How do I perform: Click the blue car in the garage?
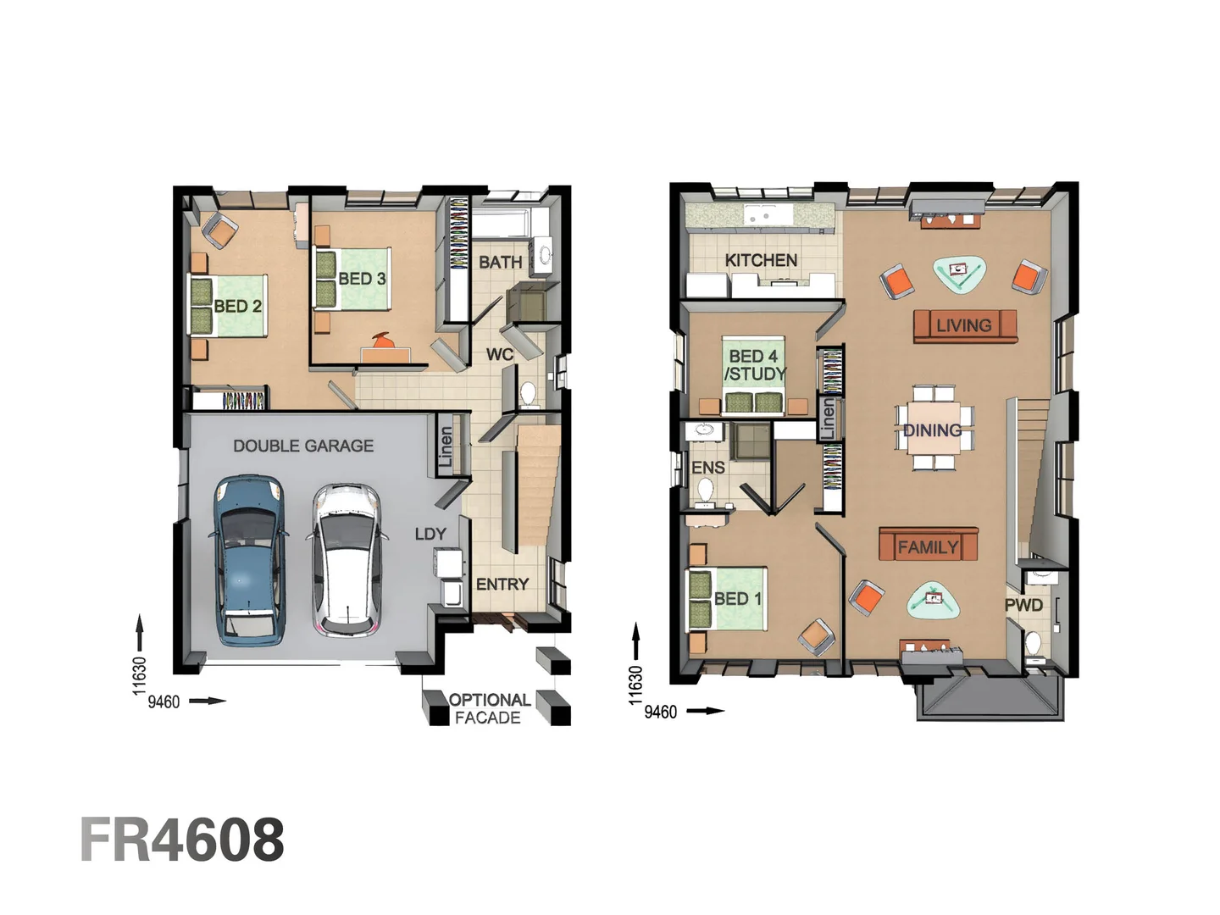[247, 559]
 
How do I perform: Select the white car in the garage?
[346, 559]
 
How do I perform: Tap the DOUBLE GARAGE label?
[303, 446]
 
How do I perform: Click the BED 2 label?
[237, 306]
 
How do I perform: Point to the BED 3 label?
[362, 279]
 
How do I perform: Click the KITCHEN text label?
[761, 260]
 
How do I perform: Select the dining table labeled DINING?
[933, 430]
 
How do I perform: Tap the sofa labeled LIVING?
[964, 325]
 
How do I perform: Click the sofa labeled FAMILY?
[928, 547]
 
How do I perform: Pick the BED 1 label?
[737, 599]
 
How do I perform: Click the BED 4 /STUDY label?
[754, 365]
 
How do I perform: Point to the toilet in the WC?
[528, 394]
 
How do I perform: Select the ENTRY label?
[502, 585]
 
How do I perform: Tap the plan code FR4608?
[182, 840]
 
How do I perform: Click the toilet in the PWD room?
[1034, 645]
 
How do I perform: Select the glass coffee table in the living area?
[959, 273]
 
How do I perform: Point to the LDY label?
[430, 534]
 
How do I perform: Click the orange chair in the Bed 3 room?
[382, 341]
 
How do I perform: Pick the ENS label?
[707, 468]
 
